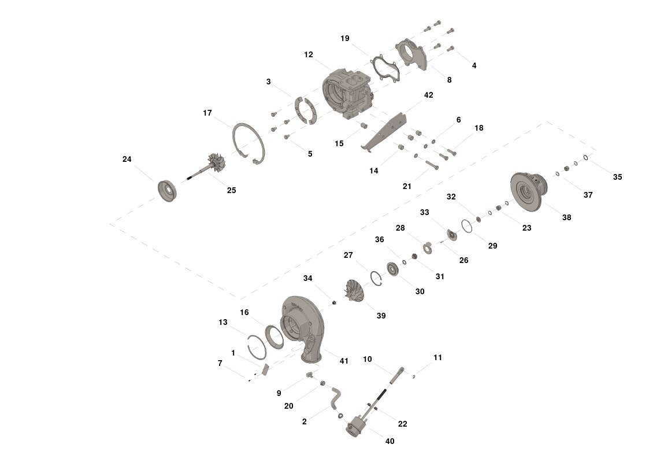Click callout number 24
tap(127, 159)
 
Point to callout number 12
tap(308, 54)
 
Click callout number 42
tap(428, 95)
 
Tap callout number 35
tap(617, 177)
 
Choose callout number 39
tap(381, 316)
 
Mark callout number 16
tap(244, 312)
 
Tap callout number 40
tap(390, 441)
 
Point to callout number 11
tap(437, 358)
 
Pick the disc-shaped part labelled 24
tap(170, 191)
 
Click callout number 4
tap(474, 65)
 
